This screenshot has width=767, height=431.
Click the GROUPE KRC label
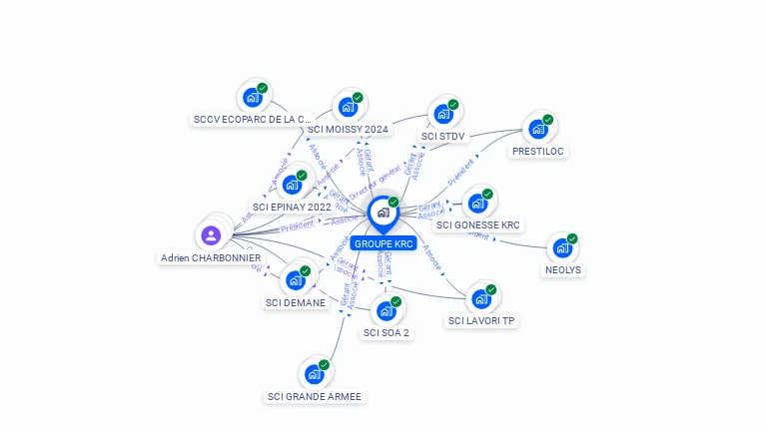(x=383, y=243)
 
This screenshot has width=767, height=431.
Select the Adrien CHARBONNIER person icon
(x=211, y=235)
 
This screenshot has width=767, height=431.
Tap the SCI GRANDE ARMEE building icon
(x=315, y=375)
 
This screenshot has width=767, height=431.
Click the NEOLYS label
(x=563, y=269)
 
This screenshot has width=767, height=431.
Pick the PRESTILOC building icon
(x=538, y=129)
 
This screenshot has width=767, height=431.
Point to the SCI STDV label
(x=443, y=136)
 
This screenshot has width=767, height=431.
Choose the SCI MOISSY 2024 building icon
(x=348, y=108)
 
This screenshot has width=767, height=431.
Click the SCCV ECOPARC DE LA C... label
(x=253, y=120)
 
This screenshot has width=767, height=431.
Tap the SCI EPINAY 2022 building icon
(x=292, y=185)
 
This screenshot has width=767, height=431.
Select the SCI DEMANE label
(x=297, y=302)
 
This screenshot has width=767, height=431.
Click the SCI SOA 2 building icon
(x=386, y=311)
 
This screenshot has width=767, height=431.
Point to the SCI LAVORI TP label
(x=481, y=320)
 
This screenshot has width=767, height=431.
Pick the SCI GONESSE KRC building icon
(x=477, y=204)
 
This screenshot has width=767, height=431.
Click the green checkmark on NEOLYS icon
(x=572, y=238)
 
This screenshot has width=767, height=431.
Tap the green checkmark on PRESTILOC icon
(x=548, y=119)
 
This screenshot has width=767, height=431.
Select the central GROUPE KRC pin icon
(x=383, y=213)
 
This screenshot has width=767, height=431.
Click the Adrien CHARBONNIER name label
(x=211, y=257)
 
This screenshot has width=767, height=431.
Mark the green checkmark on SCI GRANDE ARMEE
(x=324, y=365)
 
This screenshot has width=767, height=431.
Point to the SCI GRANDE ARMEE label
(x=315, y=396)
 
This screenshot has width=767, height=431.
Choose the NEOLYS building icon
(x=562, y=247)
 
